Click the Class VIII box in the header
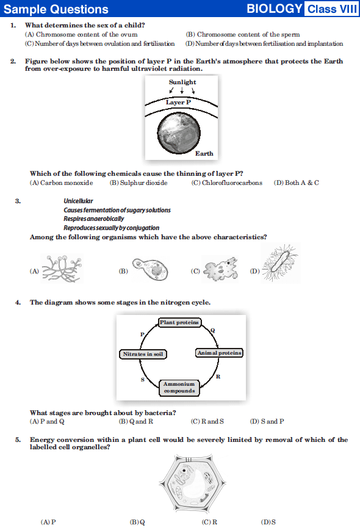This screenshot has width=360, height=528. [x=331, y=9]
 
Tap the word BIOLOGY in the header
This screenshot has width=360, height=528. [x=274, y=9]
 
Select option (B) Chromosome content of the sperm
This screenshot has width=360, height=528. [x=243, y=34]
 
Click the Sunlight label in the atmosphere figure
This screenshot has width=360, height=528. [x=182, y=82]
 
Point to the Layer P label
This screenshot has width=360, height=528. [x=178, y=103]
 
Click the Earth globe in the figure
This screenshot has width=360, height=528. [x=179, y=133]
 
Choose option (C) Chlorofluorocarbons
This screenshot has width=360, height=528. [x=227, y=183]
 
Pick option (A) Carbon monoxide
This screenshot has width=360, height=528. [x=61, y=183]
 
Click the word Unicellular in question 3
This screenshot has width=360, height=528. [x=78, y=201]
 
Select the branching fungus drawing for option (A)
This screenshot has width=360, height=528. [x=62, y=269]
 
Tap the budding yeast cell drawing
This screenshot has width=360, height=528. [x=150, y=269]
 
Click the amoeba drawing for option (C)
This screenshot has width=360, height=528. [x=220, y=269]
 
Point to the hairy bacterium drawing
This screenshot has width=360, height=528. [x=281, y=262]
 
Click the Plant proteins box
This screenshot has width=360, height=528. [x=179, y=322]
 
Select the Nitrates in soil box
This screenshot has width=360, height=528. [x=143, y=354]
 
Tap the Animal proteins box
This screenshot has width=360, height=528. [x=220, y=353]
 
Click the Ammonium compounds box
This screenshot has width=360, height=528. [x=179, y=388]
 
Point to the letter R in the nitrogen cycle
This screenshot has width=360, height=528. [x=218, y=377]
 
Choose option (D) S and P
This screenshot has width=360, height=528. [x=267, y=422]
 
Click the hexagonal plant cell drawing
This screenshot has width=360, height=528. [x=192, y=483]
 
